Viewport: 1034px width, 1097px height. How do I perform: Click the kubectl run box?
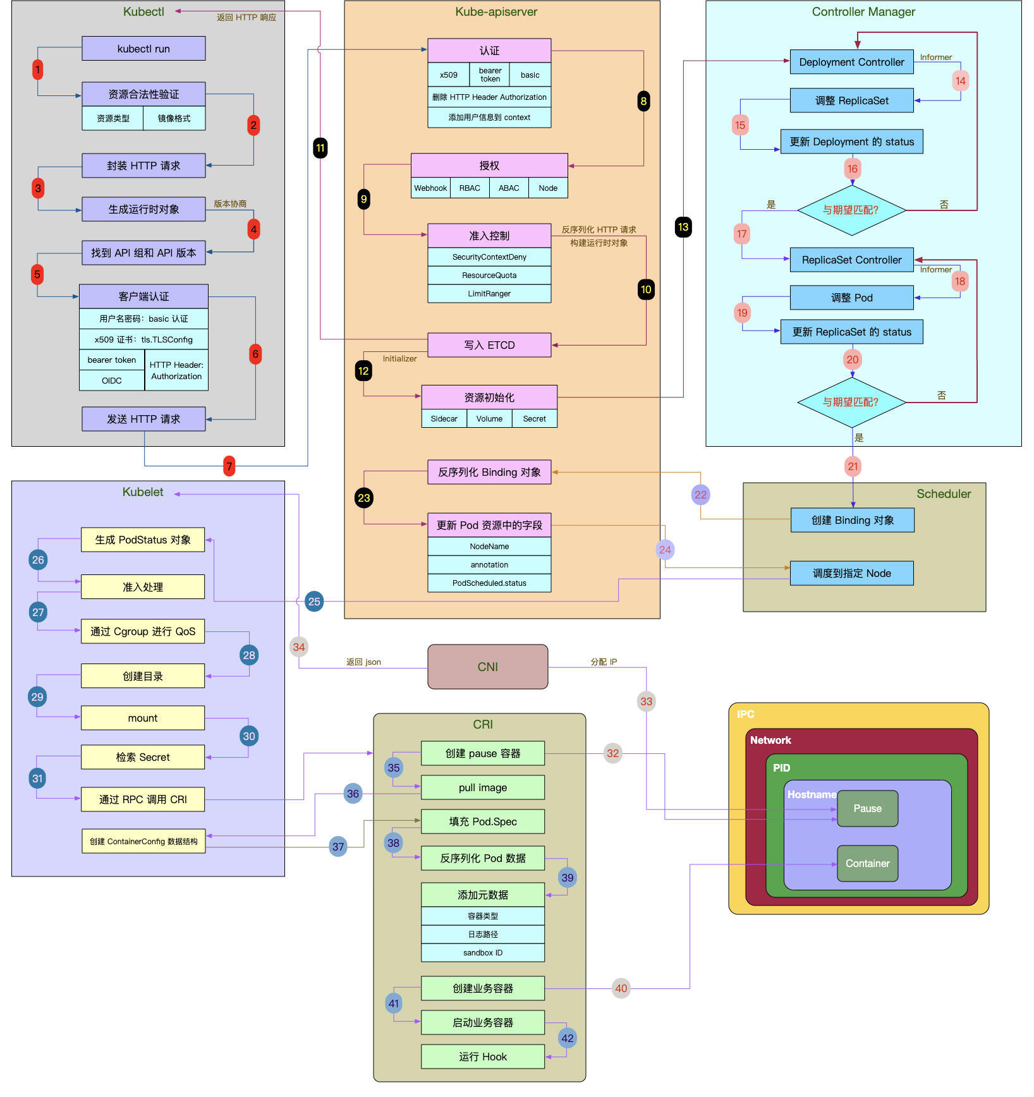tap(143, 49)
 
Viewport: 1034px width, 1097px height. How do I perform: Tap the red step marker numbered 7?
tap(229, 466)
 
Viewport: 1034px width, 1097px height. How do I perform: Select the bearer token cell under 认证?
tap(490, 75)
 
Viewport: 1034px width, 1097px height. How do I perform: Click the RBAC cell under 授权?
tap(470, 188)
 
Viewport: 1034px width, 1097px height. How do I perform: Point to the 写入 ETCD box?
tap(489, 345)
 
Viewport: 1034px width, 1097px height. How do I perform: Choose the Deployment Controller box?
tap(851, 62)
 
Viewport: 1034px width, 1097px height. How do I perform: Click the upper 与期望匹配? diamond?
tap(851, 210)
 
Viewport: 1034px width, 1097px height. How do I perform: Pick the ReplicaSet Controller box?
tap(851, 260)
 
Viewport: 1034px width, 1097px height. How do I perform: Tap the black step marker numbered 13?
tap(683, 227)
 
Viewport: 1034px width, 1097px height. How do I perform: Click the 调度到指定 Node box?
tap(851, 573)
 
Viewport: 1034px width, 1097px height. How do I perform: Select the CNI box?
tap(487, 667)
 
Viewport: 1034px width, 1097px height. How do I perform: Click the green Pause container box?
tap(867, 808)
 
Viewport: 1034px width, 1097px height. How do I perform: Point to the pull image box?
tap(482, 787)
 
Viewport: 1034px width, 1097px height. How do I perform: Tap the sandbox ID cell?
tap(482, 952)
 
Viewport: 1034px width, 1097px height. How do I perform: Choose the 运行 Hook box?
tap(482, 1057)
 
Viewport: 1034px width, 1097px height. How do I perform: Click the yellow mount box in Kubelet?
tap(143, 718)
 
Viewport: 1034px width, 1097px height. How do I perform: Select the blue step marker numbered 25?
tap(314, 601)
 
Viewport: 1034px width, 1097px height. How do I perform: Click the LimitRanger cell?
tap(489, 293)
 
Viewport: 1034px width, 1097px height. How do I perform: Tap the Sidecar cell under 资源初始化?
tap(444, 418)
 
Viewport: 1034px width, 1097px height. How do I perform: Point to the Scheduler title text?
tap(944, 494)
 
